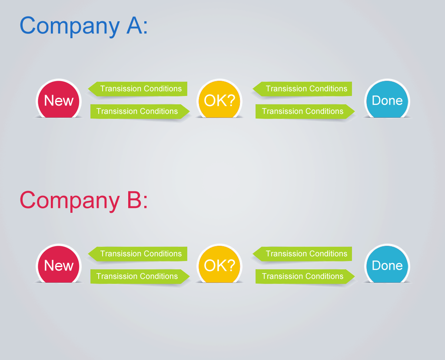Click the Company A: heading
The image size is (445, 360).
84,26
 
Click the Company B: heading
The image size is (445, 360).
84,201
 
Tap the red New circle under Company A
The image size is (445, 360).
59,99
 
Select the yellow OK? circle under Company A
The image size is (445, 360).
219,99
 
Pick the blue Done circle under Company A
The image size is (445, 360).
387,99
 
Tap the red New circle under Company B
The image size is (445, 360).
59,264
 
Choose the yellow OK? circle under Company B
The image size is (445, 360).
219,264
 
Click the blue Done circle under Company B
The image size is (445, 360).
387,264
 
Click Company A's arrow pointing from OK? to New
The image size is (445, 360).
138,89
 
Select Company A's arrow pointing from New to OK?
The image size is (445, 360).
140,112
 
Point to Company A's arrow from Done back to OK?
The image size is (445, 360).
302,89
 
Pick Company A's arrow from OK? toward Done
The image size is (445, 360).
305,112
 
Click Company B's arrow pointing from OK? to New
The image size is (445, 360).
138,254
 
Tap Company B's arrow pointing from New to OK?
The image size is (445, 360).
140,276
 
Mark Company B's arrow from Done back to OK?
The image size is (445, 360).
302,254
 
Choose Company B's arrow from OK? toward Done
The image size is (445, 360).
305,276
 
